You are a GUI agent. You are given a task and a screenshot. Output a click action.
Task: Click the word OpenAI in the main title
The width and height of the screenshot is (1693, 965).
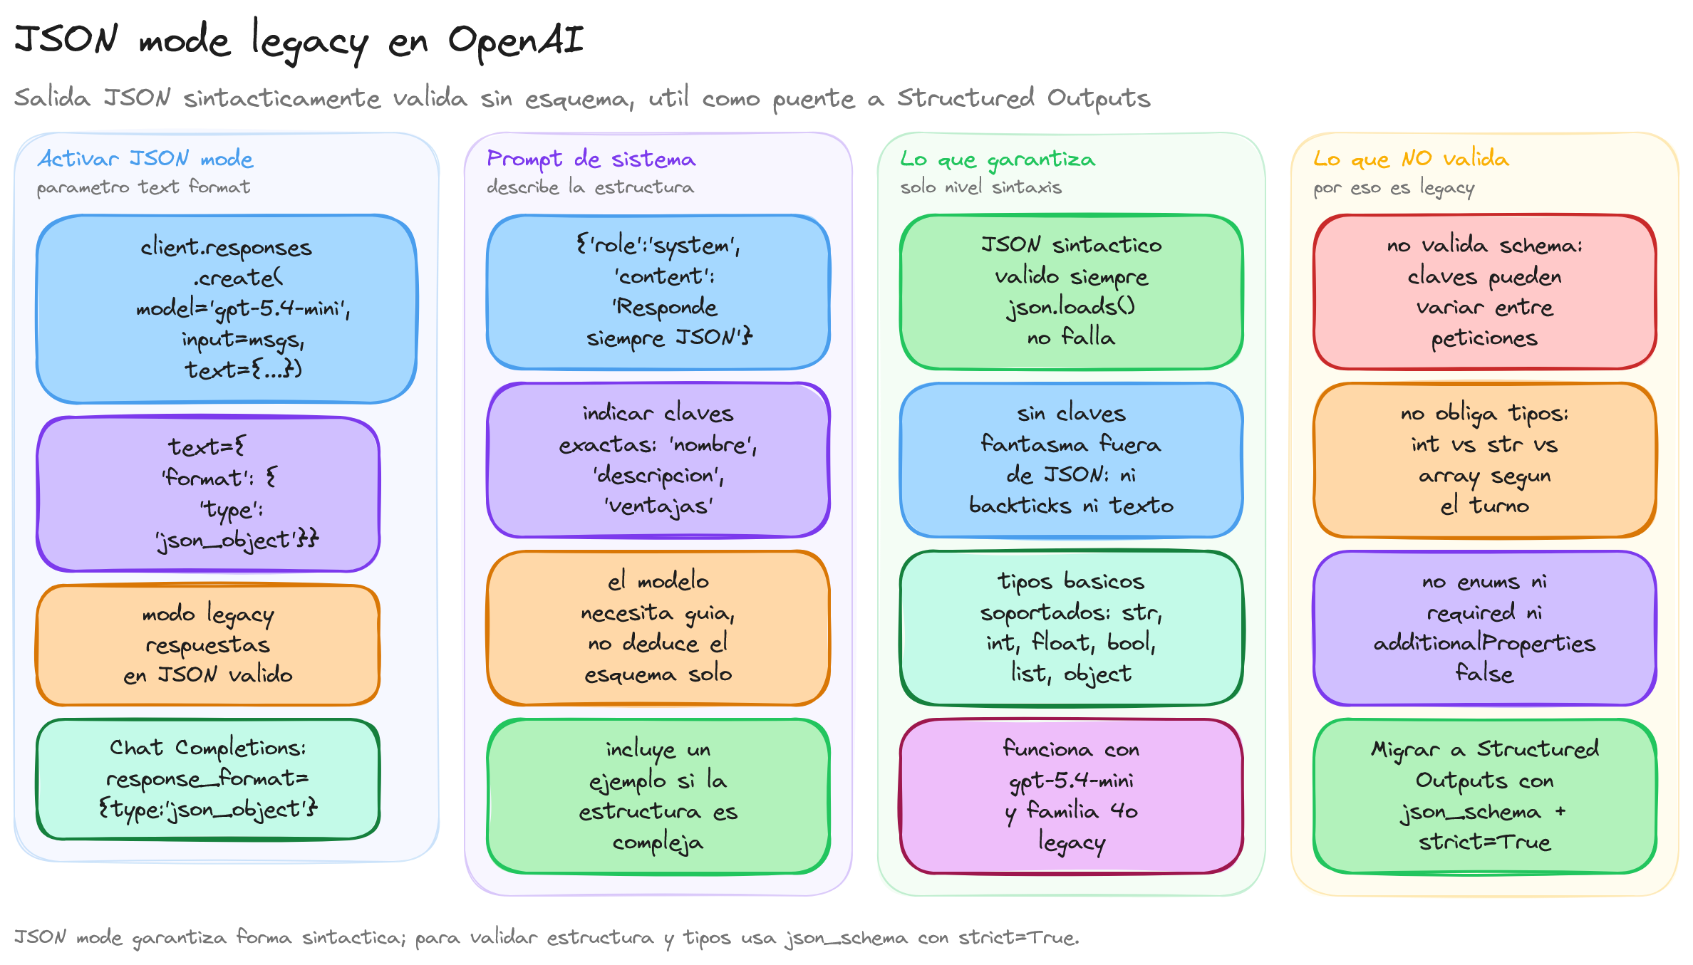point(516,41)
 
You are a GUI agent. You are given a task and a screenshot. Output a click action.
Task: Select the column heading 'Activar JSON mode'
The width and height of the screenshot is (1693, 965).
point(145,158)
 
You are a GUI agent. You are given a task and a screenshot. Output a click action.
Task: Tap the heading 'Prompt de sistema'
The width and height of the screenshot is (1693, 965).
point(591,159)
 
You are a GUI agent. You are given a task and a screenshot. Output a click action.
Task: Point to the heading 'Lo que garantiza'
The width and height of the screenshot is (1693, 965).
point(998,160)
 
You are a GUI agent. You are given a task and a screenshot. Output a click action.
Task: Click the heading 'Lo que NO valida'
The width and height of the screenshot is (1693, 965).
point(1411,158)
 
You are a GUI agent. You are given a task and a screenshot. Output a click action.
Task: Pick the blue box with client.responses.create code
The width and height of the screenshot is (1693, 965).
point(227,309)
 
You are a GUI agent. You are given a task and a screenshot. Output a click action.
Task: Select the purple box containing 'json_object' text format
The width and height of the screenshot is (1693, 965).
point(208,494)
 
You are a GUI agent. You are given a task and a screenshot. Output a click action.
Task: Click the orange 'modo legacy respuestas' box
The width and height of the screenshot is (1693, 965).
point(208,645)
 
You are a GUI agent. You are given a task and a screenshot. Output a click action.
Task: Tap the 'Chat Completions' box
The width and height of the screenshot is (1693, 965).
point(208,779)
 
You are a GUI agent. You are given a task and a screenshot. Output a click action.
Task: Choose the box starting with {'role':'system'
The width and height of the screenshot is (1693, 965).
point(658,292)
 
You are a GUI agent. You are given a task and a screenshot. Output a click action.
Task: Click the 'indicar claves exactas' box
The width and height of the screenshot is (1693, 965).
point(658,460)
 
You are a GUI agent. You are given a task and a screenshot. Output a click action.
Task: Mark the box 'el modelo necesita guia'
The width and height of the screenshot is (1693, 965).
point(658,628)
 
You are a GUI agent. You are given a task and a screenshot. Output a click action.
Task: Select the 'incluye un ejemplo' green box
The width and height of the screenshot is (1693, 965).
point(658,796)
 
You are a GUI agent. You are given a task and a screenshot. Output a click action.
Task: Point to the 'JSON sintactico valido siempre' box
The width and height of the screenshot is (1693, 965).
point(1072,292)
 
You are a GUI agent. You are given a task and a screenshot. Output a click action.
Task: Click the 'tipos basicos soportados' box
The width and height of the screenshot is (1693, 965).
point(1072,628)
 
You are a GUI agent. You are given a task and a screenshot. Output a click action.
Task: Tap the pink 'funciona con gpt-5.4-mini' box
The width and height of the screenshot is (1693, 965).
point(1072,796)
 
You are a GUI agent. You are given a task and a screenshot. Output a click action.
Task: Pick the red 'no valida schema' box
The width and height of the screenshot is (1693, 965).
point(1485,292)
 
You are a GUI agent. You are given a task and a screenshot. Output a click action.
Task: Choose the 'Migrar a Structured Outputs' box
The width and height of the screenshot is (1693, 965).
point(1485,796)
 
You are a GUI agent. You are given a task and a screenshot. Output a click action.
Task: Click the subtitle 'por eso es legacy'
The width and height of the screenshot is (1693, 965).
point(1394,188)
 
